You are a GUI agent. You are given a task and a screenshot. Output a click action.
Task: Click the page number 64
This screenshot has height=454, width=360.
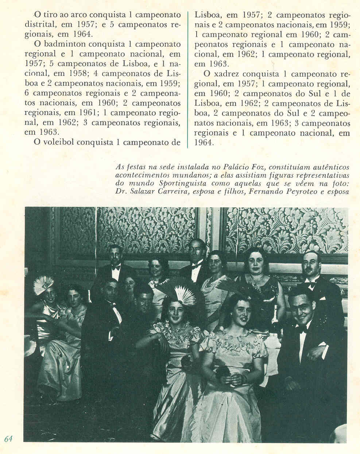(x=8, y=439)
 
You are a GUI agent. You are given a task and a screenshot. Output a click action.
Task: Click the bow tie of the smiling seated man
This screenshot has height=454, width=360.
(x=301, y=329)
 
